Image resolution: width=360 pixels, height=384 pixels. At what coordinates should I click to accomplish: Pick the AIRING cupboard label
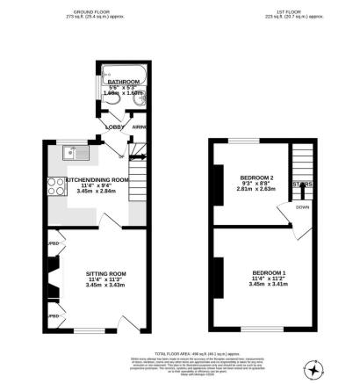click(137, 127)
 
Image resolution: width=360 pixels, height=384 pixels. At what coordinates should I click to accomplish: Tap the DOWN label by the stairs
click(303, 208)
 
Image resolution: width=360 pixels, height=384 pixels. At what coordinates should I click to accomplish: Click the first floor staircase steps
click(301, 167)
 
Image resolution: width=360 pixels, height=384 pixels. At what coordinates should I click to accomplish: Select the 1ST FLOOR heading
click(284, 11)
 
